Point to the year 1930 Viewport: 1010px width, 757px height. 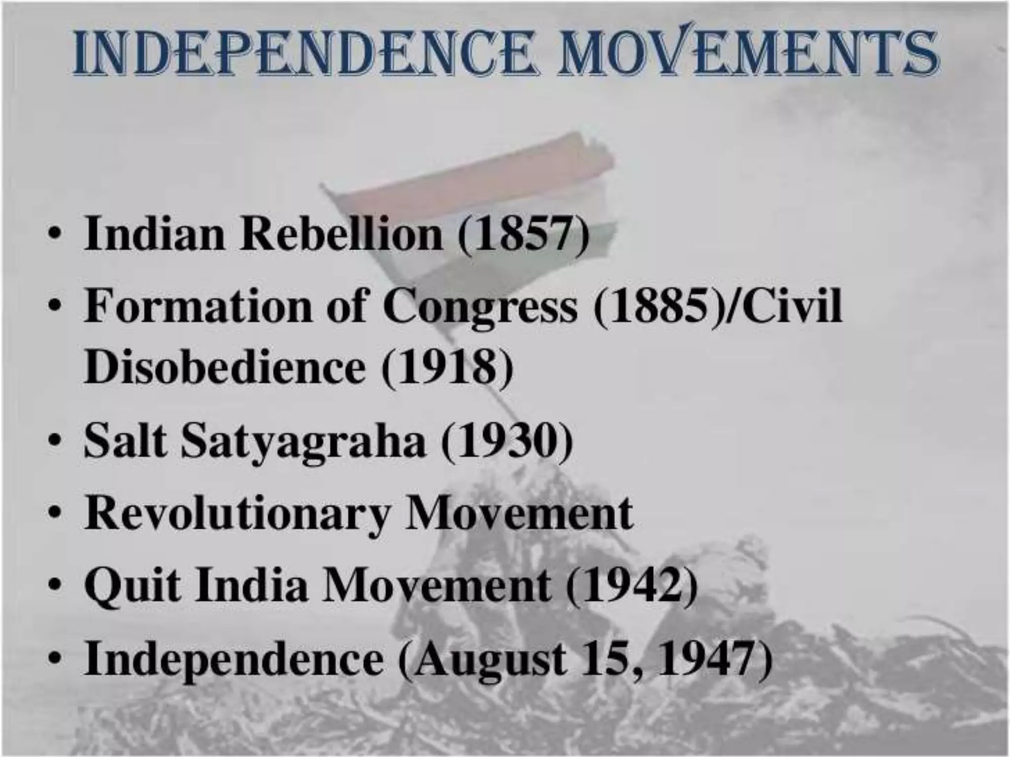(x=507, y=441)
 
